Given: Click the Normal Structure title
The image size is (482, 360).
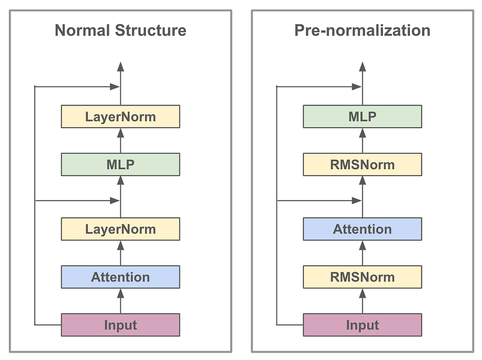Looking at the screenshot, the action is point(120,31).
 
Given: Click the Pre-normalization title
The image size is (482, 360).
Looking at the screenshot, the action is point(363,31).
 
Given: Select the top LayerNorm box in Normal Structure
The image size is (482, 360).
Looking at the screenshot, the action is point(120,117).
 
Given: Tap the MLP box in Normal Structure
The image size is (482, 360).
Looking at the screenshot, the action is point(120,165).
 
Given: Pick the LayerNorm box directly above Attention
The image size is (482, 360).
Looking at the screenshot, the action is point(120,229).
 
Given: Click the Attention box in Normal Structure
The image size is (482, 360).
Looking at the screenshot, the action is point(120,277).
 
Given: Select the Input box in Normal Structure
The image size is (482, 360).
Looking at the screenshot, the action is point(120,325).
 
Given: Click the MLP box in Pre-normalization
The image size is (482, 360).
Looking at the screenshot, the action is point(363,117).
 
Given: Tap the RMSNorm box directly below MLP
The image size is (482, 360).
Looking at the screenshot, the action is point(363,165).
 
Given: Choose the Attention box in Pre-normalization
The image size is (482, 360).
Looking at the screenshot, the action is point(363,229).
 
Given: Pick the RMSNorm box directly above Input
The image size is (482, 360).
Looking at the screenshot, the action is point(363,277).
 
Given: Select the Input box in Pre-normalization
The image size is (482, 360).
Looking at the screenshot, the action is point(363,325).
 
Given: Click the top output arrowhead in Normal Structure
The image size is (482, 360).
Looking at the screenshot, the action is point(120,67).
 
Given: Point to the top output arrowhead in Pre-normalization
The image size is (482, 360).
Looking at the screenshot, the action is point(363,67).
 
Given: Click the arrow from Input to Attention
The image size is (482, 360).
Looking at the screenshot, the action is point(120,301).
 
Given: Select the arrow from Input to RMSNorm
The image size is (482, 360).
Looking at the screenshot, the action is point(363,301).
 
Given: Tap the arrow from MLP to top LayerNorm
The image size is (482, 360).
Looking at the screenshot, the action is point(120,141).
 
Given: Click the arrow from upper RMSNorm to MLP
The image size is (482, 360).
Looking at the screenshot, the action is point(363,141).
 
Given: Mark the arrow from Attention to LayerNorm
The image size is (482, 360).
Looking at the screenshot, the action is point(120,253).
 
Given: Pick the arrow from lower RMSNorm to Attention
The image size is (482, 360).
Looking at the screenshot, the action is point(363,253).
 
